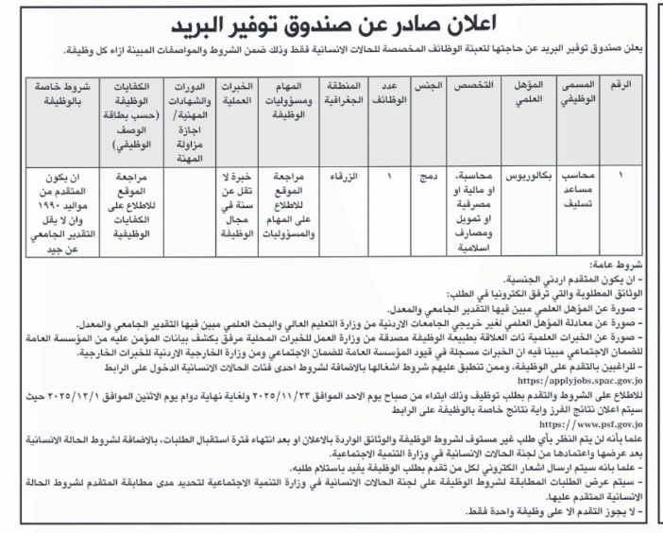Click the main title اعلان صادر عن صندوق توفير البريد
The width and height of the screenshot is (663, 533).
(x=331, y=22)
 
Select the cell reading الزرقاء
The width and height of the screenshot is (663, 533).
(x=344, y=177)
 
